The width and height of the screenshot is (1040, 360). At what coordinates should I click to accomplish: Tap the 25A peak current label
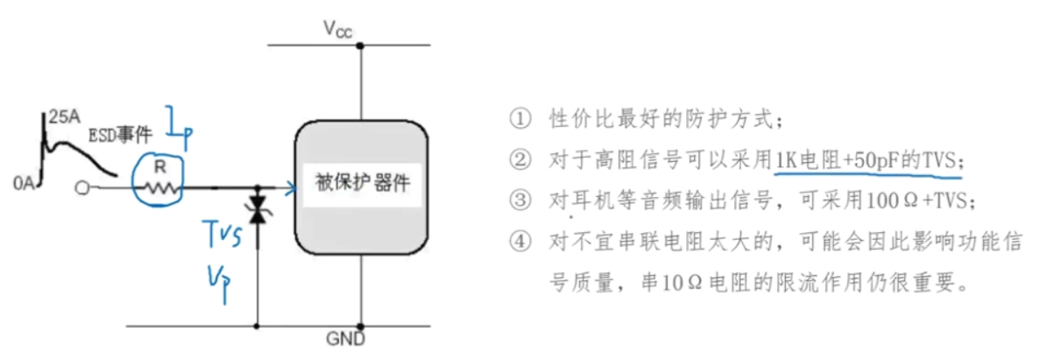click(x=63, y=116)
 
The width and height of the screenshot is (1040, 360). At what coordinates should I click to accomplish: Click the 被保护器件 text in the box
click(x=362, y=186)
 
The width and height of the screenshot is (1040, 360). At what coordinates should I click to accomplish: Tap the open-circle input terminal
click(x=82, y=187)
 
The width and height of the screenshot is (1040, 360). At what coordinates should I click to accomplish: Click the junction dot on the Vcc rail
click(x=361, y=45)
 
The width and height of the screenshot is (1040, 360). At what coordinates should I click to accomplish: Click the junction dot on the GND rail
click(x=361, y=327)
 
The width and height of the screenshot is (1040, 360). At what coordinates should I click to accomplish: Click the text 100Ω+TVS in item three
click(x=915, y=201)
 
